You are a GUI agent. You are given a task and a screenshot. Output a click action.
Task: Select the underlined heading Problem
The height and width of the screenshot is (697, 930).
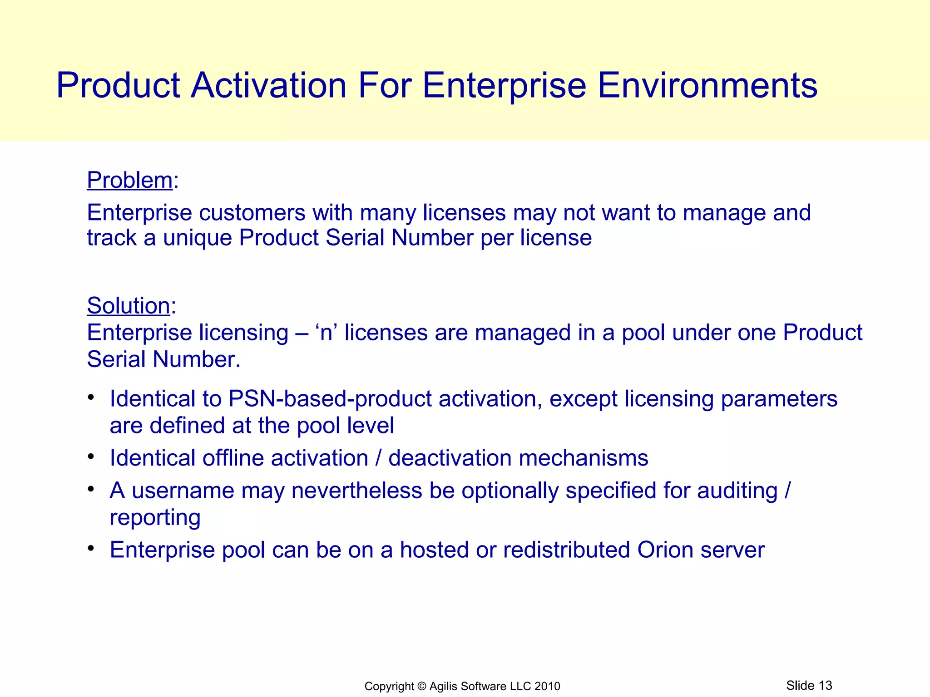(129, 180)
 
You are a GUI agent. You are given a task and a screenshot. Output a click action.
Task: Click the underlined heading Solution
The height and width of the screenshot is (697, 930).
(128, 305)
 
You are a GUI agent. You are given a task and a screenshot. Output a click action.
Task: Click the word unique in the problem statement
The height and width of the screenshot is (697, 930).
(197, 238)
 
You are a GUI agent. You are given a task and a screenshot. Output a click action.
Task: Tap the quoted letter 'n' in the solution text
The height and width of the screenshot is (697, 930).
(326, 333)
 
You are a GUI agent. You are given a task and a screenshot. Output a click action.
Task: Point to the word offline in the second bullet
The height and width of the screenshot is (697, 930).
(233, 458)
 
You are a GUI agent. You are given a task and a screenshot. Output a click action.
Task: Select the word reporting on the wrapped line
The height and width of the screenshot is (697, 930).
(155, 518)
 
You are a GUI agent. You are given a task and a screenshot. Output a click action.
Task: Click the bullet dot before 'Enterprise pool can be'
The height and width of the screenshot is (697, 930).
(91, 548)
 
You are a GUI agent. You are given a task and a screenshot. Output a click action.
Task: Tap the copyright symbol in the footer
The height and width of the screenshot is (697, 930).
(422, 686)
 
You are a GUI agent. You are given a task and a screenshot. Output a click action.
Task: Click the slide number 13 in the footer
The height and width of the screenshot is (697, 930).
(825, 685)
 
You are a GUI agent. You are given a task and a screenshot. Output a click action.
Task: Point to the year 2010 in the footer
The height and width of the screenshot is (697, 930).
(547, 686)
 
